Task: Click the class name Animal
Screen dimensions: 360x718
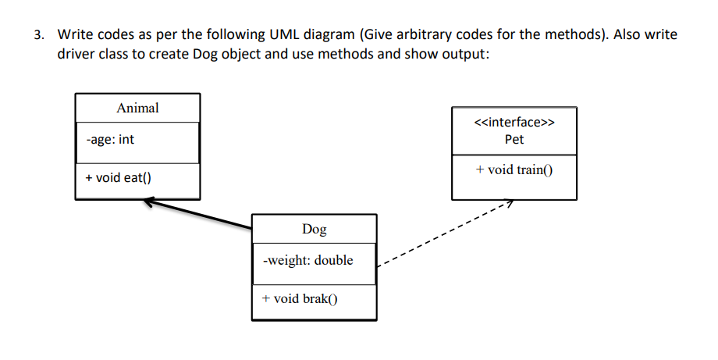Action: [x=137, y=109]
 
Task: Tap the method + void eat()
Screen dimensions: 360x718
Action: [x=119, y=177]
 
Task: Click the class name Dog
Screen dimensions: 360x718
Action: [x=314, y=229]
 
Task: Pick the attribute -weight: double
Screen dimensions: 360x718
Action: [x=308, y=260]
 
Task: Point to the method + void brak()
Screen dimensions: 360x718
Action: [x=300, y=298]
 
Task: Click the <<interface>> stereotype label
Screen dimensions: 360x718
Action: [x=514, y=122]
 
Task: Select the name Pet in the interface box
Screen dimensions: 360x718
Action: [x=514, y=139]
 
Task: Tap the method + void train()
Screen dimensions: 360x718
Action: [x=514, y=169]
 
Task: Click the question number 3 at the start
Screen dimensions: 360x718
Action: [x=40, y=35]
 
